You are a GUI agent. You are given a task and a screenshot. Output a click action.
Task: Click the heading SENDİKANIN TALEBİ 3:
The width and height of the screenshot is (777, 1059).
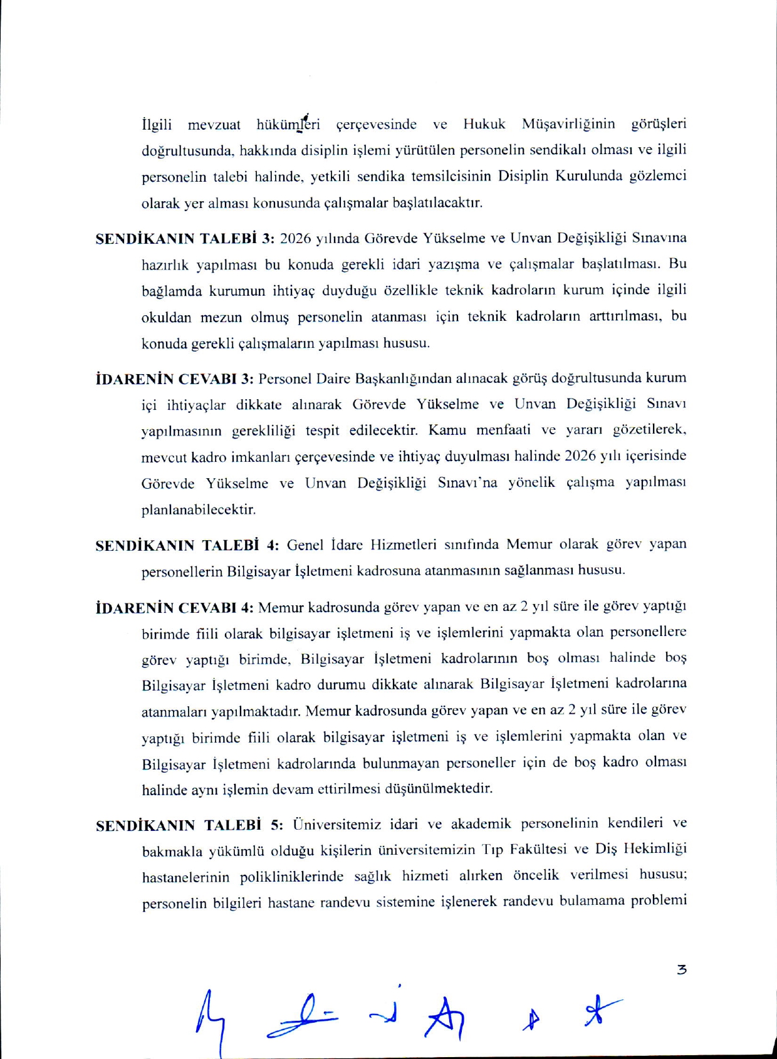pos(185,239)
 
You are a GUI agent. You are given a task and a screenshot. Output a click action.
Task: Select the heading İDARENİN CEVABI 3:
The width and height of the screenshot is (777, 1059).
pos(174,379)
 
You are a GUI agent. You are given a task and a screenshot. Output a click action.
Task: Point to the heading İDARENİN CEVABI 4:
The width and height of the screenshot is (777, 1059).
pos(174,608)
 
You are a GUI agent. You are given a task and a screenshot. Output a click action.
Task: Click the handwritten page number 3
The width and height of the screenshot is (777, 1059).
pos(682,969)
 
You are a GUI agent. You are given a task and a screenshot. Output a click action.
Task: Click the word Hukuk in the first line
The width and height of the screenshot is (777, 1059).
pos(484,124)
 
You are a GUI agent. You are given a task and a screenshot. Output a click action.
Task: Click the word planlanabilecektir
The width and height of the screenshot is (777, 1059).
pos(199,509)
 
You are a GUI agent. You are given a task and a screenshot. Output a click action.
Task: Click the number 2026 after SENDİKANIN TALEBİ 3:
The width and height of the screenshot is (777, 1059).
pos(296,239)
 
